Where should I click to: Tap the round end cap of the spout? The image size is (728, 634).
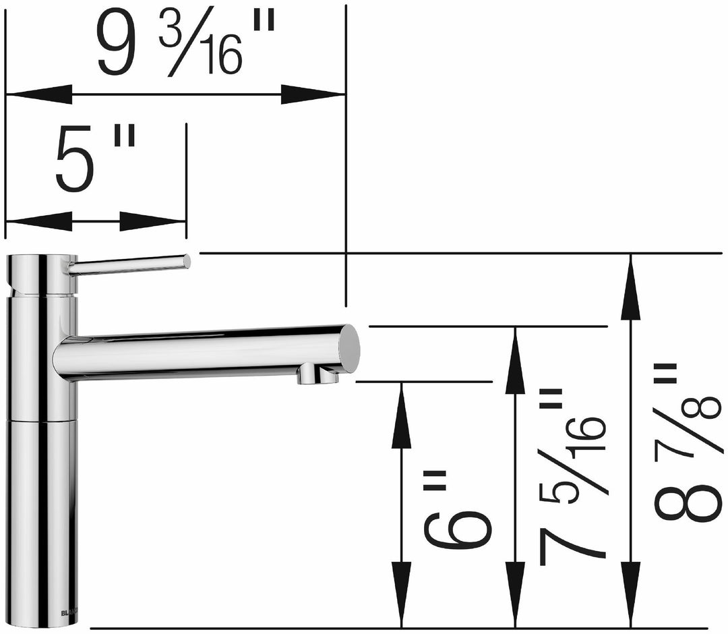point(349,347)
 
